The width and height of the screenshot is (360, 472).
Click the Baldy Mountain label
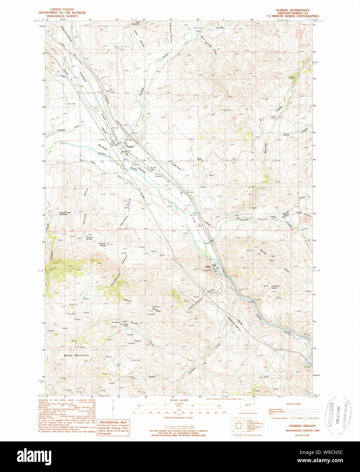coord(76,355)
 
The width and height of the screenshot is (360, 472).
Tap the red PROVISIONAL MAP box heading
coord(113,422)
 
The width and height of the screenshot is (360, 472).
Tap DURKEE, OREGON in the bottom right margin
coord(293,426)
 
